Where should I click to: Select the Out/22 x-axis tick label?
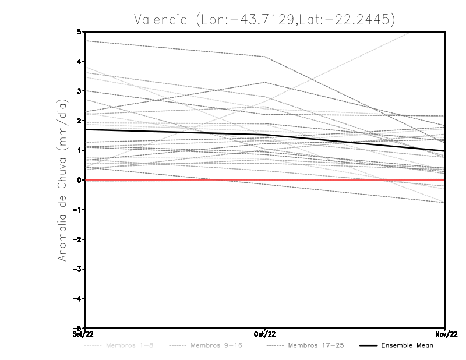tap(265, 334)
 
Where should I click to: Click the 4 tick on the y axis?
tap(79, 61)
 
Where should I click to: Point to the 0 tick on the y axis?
tap(79, 180)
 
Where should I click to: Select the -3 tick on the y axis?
tap(77, 269)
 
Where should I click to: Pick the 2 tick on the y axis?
tap(79, 121)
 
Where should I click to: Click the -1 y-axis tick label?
tap(77, 210)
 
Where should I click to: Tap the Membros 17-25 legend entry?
tap(308, 345)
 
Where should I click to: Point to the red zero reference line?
tap(175, 180)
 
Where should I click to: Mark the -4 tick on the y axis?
tap(77, 299)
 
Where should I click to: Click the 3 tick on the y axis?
tap(79, 91)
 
